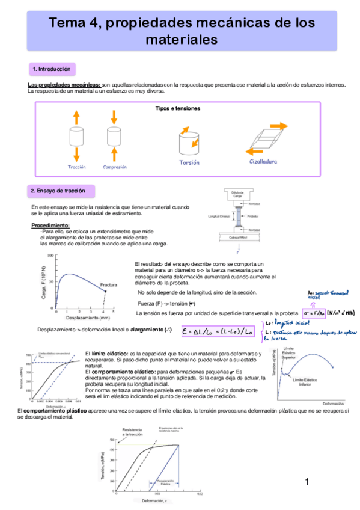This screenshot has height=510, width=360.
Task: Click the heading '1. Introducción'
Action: point(51,69)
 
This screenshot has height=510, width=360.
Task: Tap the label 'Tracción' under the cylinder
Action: point(77,167)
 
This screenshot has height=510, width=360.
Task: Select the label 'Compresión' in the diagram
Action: point(114,167)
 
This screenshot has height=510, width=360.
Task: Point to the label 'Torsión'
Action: point(189,162)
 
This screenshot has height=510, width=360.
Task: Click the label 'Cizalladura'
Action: point(263,162)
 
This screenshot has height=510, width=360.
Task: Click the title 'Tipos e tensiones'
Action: point(177,108)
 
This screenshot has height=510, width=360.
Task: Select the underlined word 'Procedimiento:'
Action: point(50,225)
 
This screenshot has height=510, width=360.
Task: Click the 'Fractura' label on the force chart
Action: point(108,284)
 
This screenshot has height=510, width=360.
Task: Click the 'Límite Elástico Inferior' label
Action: point(305,382)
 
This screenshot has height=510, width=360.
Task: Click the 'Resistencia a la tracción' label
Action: point(132,432)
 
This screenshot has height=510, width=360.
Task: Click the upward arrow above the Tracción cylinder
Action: point(76,118)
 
